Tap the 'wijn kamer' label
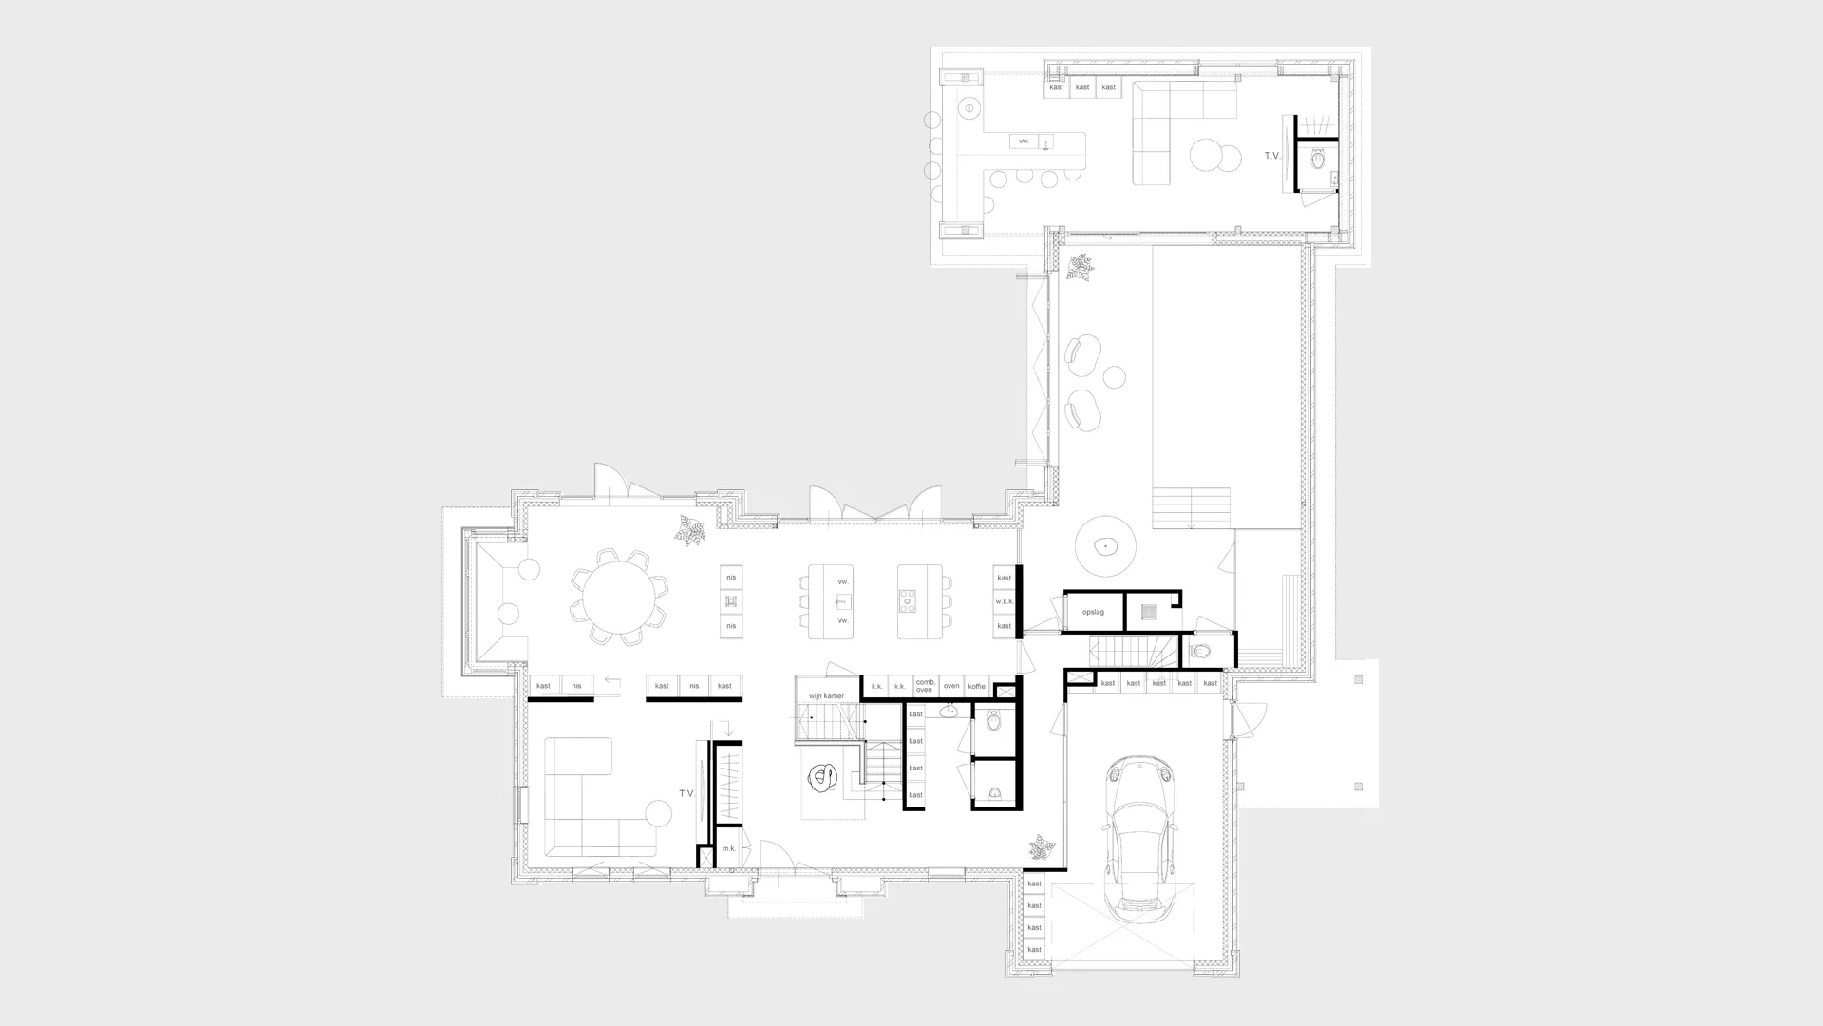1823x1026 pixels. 826,696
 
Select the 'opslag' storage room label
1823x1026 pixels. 1093,613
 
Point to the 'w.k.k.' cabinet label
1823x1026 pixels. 1005,602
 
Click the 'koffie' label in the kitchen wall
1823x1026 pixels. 976,686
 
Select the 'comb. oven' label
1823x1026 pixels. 926,686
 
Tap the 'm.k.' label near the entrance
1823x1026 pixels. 728,849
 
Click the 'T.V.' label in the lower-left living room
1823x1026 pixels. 687,793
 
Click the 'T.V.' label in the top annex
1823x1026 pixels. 1272,155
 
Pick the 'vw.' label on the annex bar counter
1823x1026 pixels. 1024,142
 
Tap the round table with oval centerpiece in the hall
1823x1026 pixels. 1105,546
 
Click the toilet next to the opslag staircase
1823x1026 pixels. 1200,652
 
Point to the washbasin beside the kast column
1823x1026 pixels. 949,711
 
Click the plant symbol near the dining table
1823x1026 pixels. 690,530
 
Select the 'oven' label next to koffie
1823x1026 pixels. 951,686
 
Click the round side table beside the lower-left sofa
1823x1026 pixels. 658,813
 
